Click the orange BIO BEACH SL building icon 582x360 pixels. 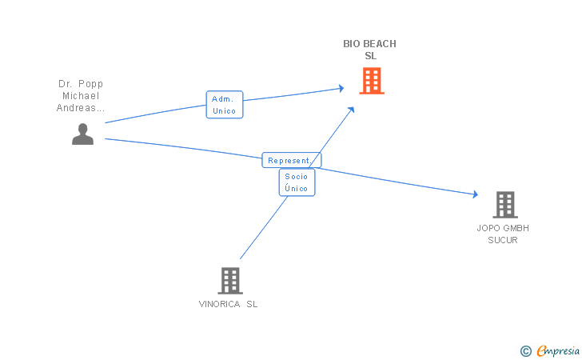pos(372,81)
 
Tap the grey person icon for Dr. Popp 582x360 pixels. pos(82,134)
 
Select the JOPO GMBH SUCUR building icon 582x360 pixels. pos(505,205)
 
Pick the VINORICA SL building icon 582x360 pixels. pos(230,281)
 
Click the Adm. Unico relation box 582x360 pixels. pos(225,105)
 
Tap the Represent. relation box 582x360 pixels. pos(292,160)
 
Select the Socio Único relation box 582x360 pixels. pos(297,182)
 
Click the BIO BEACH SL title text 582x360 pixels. pos(369,50)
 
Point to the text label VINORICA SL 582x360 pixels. pos(229,304)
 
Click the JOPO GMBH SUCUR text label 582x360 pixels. pos(503,234)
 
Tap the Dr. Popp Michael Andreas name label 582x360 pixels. pos(81,96)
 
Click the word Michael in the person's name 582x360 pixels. pos(81,96)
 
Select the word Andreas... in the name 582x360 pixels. pos(81,108)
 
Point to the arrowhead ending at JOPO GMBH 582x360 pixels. pos(476,194)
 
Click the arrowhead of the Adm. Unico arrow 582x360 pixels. pos(341,89)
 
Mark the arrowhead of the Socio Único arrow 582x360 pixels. pos(351,110)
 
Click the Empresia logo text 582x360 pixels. pos(558,350)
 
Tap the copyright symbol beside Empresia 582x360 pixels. pos(526,351)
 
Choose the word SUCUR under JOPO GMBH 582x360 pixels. pos(503,240)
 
